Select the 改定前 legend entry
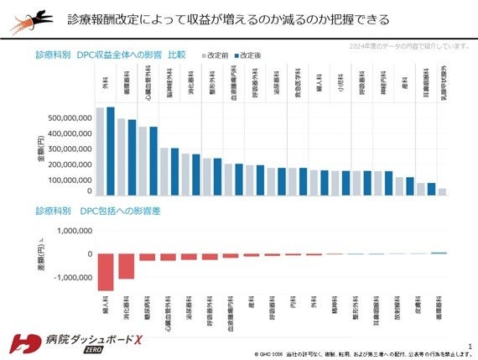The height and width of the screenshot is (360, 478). click(x=216, y=55)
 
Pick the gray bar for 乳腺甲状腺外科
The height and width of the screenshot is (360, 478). click(x=442, y=191)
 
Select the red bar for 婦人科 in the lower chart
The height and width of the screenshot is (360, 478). click(x=106, y=272)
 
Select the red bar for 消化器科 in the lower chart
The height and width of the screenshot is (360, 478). click(x=126, y=266)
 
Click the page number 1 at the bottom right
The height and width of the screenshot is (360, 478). click(x=470, y=344)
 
